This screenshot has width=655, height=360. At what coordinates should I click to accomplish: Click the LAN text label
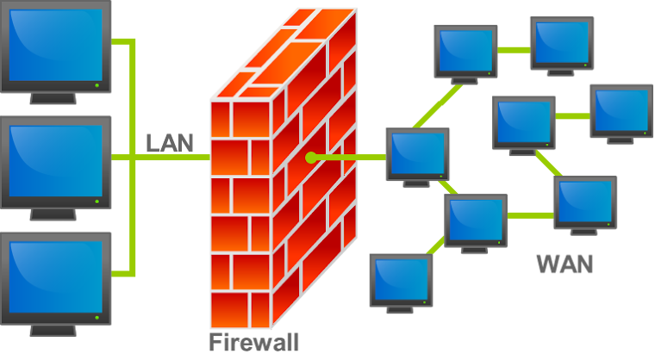pyautogui.click(x=170, y=143)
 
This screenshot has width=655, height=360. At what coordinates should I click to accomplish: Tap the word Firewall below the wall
pyautogui.click(x=254, y=343)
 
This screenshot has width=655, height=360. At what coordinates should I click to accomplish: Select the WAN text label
pyautogui.click(x=565, y=264)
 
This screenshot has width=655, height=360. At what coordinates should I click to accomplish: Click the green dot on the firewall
pyautogui.click(x=311, y=158)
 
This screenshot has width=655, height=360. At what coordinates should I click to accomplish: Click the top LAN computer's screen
pyautogui.click(x=55, y=45)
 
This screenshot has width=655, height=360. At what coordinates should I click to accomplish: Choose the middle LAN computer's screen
pyautogui.click(x=55, y=161)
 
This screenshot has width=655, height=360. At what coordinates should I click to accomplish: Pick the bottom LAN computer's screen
pyautogui.click(x=55, y=277)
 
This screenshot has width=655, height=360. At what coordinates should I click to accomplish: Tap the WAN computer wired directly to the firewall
pyautogui.click(x=417, y=158)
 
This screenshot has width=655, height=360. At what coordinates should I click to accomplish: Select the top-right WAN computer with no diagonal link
pyautogui.click(x=562, y=46)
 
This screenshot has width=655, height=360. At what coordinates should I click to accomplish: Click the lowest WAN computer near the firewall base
pyautogui.click(x=401, y=283)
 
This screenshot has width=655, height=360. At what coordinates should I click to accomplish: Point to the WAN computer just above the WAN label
pyautogui.click(x=585, y=206)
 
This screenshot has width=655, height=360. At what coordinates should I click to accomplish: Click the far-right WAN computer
pyautogui.click(x=621, y=114)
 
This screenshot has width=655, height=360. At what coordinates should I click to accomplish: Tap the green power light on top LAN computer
pyautogui.click(x=97, y=85)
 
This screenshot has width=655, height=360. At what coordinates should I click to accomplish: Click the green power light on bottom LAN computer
pyautogui.click(x=97, y=318)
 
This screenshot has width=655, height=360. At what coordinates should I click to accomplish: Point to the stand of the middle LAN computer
pyautogui.click(x=53, y=214)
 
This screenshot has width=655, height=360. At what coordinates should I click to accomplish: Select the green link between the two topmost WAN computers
pyautogui.click(x=514, y=50)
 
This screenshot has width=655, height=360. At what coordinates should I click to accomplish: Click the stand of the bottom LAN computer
pyautogui.click(x=53, y=331)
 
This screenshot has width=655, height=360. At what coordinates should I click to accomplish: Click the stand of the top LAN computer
pyautogui.click(x=53, y=98)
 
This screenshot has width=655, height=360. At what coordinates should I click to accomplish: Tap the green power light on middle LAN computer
pyautogui.click(x=97, y=202)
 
